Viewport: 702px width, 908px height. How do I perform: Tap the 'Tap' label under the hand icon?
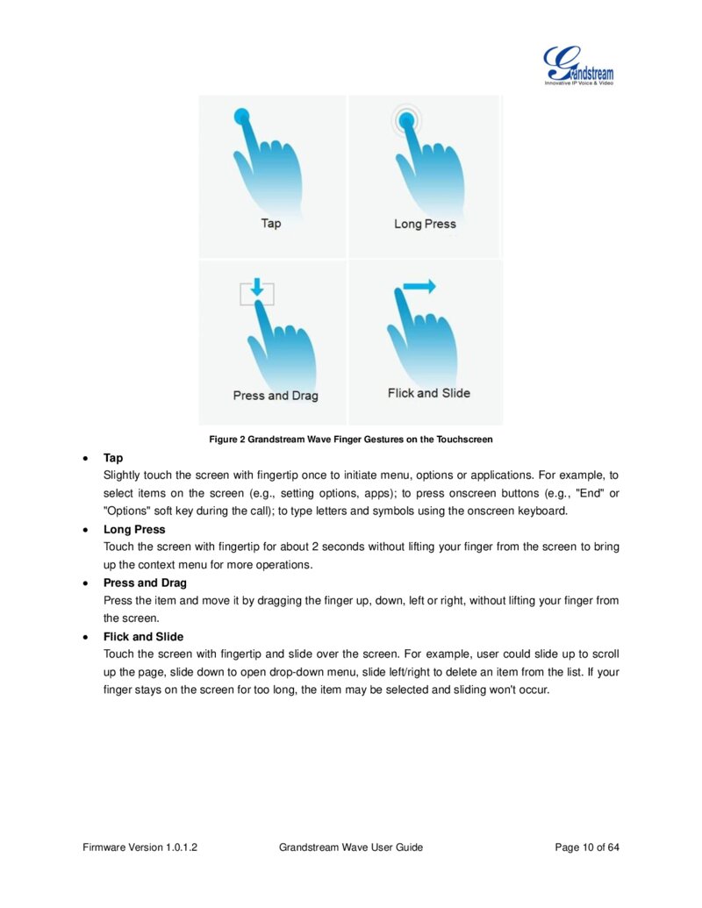(271, 223)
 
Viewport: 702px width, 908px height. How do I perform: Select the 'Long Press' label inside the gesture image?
(425, 224)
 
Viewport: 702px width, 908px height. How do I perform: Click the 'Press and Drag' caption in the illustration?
(276, 396)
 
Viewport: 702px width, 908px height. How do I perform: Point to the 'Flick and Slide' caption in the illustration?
(428, 393)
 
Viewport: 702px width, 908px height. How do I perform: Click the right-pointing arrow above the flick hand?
(419, 286)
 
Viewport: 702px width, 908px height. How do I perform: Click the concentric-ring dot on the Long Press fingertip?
(405, 122)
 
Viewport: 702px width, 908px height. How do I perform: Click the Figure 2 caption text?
(351, 439)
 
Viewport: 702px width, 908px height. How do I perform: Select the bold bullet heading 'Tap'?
(113, 458)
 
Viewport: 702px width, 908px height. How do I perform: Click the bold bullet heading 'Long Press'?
(134, 530)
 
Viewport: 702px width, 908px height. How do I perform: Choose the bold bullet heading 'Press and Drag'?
(145, 583)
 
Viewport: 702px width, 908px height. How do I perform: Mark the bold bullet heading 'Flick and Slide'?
(144, 637)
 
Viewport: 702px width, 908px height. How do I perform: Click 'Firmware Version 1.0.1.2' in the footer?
(140, 847)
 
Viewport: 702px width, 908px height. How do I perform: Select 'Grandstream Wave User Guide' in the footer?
(351, 847)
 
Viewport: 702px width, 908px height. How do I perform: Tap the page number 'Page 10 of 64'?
(587, 847)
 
